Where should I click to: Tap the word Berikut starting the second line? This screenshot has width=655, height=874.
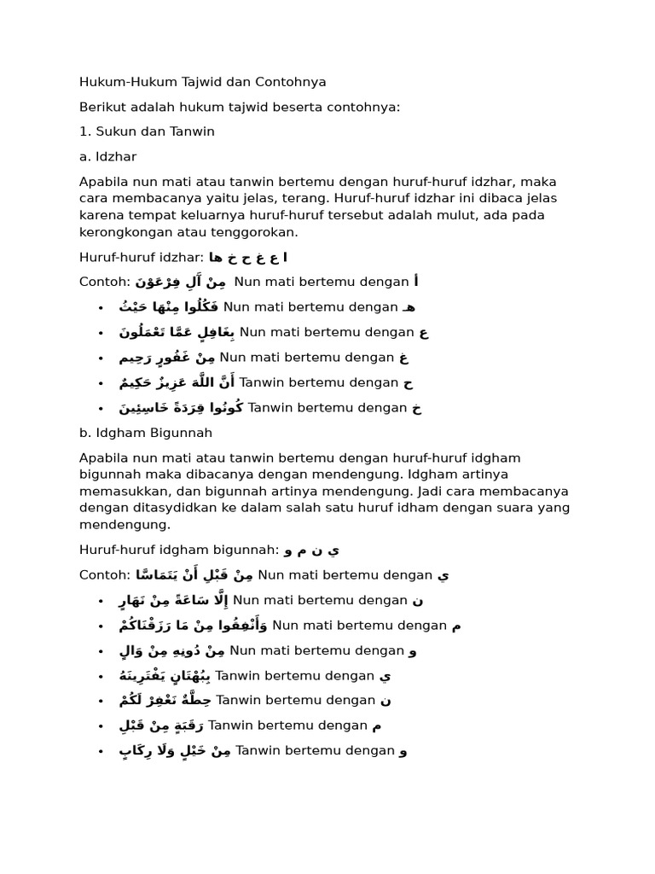pos(102,107)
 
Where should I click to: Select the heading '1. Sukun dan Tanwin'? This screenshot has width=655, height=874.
pos(147,131)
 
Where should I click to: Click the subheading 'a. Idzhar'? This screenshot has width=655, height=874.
pos(107,157)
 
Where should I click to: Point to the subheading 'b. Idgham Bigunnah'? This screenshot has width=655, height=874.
pos(146,433)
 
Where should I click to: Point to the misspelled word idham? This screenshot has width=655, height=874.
pos(411,508)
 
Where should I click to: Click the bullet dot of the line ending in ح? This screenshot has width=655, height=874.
pos(101,383)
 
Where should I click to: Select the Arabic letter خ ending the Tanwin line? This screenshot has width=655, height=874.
pos(416,408)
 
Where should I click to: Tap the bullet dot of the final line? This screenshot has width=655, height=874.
pos(101,752)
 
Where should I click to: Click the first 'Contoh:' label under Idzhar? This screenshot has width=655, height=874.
pos(104,282)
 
